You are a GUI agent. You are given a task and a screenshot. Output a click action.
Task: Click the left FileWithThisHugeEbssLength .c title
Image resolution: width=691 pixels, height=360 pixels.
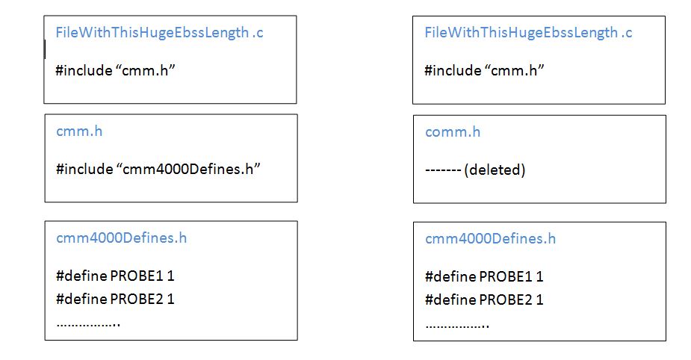[x=159, y=32]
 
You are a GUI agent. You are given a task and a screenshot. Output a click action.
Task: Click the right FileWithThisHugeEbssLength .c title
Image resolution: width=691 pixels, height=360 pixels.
[x=528, y=32]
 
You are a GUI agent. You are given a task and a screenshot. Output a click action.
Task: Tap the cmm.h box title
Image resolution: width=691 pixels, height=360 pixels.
[x=79, y=131]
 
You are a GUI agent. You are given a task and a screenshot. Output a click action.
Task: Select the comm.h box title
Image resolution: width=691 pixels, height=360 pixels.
[x=453, y=132]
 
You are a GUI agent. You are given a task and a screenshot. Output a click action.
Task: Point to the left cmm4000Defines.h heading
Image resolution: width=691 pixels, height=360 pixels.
[x=121, y=238]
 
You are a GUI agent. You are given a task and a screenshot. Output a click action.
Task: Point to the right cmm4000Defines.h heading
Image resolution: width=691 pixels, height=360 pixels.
[x=490, y=239]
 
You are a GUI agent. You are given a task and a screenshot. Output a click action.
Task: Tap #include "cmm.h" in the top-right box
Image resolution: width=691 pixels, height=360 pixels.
[x=484, y=70]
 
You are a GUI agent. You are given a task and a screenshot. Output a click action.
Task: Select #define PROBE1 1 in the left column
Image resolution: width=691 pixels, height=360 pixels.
[x=115, y=276]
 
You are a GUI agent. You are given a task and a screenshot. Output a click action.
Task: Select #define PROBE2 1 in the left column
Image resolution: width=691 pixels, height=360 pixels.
[x=115, y=299]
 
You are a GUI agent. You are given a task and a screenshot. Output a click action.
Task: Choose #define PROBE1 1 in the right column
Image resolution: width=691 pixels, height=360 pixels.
[x=484, y=276]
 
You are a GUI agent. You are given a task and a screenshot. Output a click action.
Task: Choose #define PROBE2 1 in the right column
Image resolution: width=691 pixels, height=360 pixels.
[x=484, y=300]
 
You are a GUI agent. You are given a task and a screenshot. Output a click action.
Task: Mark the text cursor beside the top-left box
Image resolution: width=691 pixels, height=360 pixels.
[x=45, y=49]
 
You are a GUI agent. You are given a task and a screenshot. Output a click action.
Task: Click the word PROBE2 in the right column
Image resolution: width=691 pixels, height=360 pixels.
[x=505, y=300]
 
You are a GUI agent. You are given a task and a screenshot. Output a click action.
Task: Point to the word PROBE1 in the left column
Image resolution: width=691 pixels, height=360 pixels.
[x=136, y=276]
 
